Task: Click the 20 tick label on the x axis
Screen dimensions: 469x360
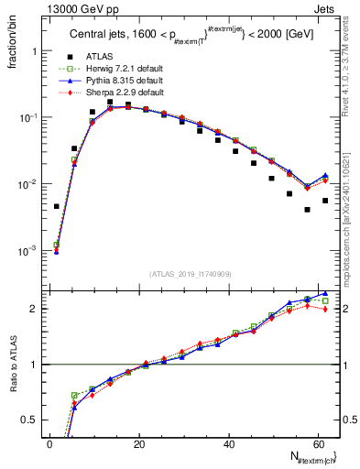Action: [x=139, y=443]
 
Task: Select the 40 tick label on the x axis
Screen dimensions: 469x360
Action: [x=229, y=443]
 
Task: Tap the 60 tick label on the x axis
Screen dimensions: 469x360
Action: [x=318, y=443]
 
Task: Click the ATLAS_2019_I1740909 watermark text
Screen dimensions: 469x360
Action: [x=190, y=272]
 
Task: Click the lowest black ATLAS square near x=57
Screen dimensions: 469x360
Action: [x=308, y=210]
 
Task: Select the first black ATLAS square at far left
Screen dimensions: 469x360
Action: [x=57, y=206]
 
